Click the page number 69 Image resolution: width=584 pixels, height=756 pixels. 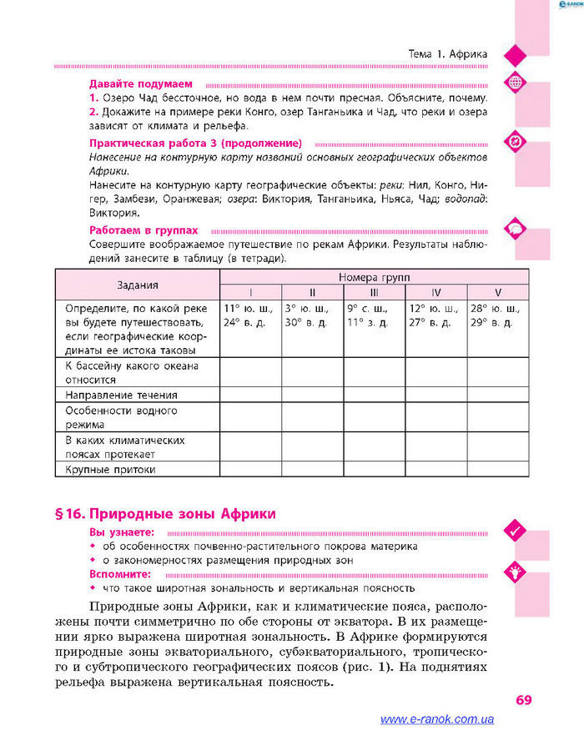[x=523, y=699]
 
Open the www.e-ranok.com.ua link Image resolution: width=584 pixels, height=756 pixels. [x=436, y=719]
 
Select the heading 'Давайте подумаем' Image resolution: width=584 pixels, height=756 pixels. [x=141, y=84]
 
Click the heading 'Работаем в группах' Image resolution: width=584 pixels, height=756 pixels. [x=143, y=229]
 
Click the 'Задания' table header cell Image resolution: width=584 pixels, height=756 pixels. [x=138, y=285]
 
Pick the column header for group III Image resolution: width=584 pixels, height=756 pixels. [x=374, y=292]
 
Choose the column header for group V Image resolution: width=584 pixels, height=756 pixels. [x=498, y=292]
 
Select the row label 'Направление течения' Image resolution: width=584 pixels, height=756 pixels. [x=122, y=394]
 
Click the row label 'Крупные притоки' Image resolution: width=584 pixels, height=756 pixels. [x=111, y=469]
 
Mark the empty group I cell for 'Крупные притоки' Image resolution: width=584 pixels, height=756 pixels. [x=250, y=469]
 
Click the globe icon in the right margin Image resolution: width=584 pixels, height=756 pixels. [x=514, y=82]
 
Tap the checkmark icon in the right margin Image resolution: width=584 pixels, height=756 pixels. [x=514, y=529]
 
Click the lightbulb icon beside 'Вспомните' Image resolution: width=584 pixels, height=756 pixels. [x=514, y=572]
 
